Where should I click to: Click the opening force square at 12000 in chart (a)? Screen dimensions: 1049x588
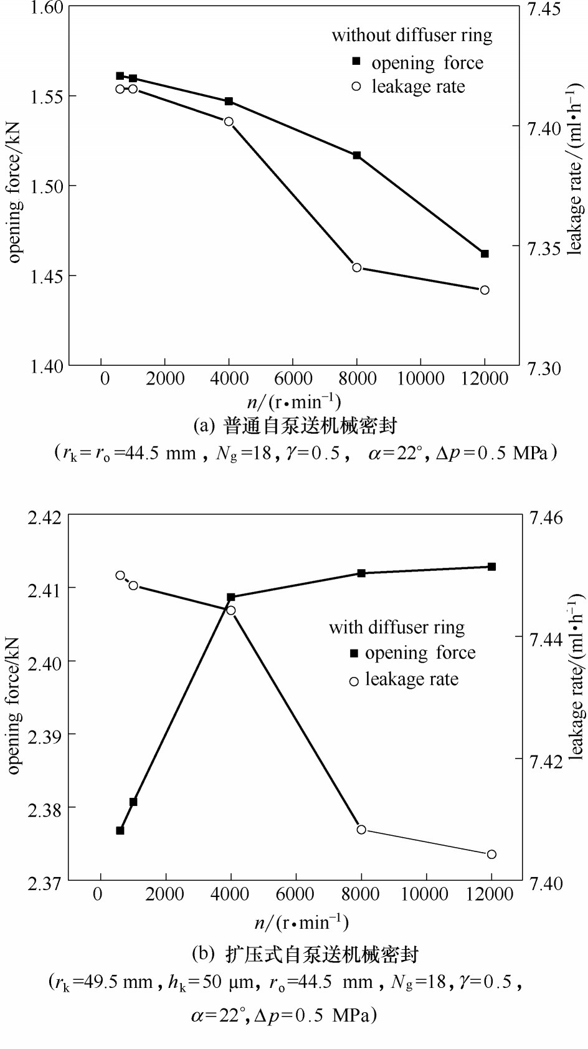(485, 254)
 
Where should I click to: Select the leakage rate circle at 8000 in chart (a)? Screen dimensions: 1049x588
(357, 267)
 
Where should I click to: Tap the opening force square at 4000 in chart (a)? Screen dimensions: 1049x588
(229, 101)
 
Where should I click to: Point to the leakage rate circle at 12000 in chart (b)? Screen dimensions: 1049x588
(491, 854)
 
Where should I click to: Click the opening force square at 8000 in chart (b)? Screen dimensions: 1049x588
(361, 573)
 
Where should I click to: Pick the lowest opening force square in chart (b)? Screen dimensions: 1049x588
(120, 830)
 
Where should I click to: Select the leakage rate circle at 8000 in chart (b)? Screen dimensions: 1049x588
(361, 829)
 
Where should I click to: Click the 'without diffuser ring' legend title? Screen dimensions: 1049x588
(412, 35)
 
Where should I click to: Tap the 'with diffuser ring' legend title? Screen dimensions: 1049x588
(397, 627)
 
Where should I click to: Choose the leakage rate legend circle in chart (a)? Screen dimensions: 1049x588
(356, 87)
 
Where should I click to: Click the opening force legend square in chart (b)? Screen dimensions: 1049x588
(354, 653)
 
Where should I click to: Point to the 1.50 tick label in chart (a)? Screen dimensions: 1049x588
(47, 186)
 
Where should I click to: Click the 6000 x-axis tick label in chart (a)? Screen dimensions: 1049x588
(293, 378)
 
